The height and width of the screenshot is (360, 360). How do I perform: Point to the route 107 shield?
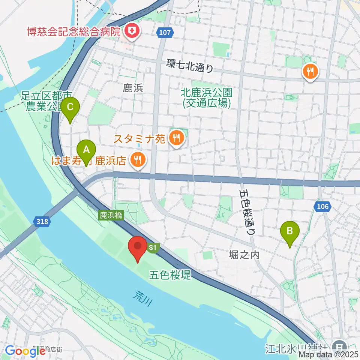coord(165,33)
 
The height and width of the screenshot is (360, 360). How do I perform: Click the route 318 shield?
coord(42,221)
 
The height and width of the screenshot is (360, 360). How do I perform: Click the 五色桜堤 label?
coord(170,275)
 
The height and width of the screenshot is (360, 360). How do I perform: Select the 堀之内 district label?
coord(244,255)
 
